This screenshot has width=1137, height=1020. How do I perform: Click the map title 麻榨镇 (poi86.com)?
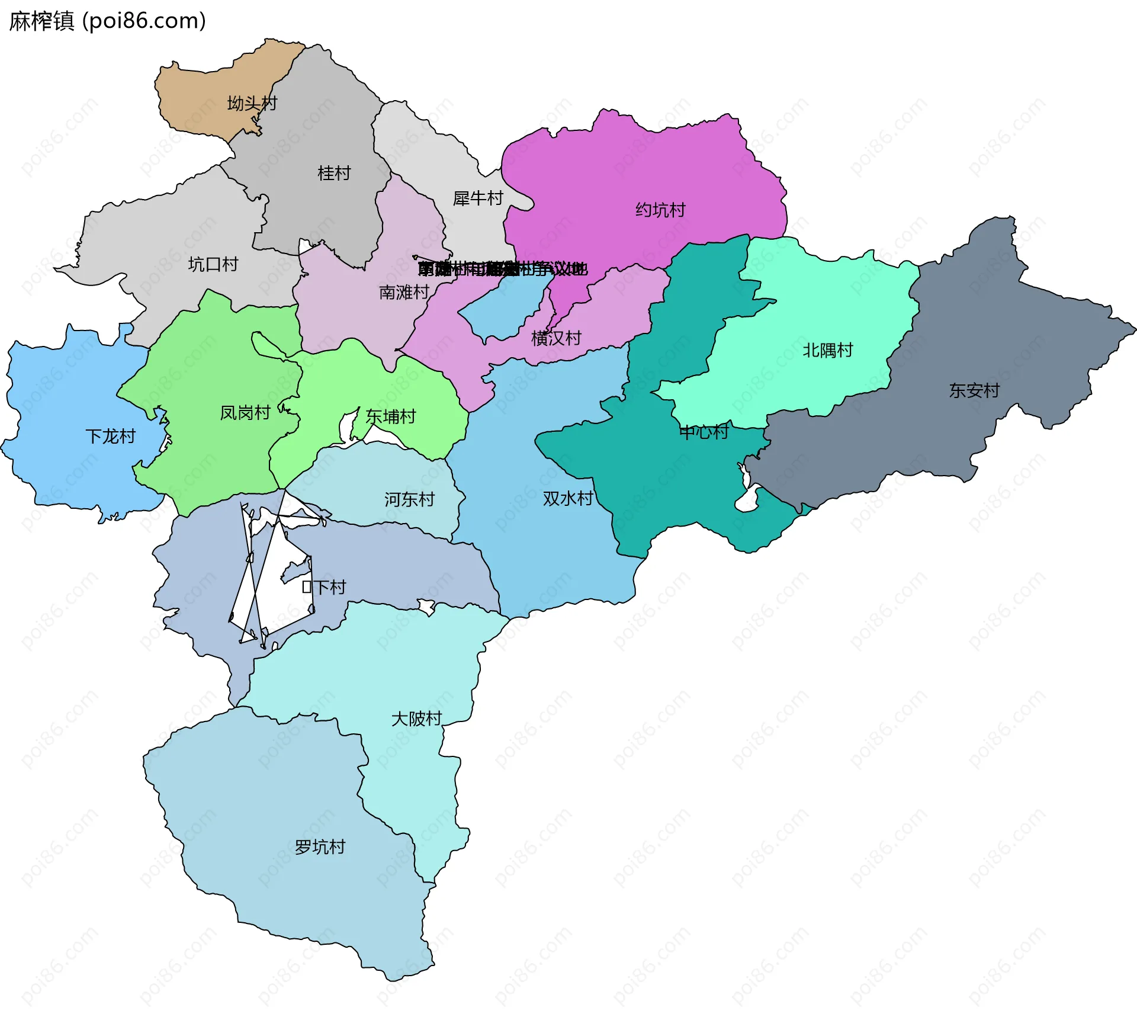click(107, 21)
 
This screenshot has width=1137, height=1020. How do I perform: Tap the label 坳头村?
click(252, 104)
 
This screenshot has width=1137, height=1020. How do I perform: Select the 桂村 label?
click(334, 174)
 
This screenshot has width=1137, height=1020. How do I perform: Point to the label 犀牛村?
click(478, 198)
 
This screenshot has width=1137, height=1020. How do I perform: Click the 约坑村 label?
click(660, 210)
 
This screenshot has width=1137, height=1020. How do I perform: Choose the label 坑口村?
click(213, 264)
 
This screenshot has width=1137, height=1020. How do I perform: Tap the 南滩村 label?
click(404, 293)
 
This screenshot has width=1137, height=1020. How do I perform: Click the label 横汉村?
click(556, 338)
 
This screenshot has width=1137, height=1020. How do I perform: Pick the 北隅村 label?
click(827, 351)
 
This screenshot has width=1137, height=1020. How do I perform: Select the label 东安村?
click(974, 390)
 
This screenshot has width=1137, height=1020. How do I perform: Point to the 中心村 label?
click(704, 432)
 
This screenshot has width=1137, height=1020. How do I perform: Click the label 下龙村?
click(111, 437)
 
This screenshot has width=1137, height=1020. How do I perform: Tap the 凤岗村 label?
click(245, 413)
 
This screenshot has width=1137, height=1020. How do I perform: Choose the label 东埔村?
click(391, 417)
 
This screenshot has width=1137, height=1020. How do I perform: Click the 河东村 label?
click(409, 500)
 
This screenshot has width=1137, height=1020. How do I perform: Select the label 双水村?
click(568, 499)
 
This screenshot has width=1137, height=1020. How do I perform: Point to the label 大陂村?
click(416, 719)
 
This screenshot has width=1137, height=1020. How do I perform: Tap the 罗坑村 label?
click(320, 847)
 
